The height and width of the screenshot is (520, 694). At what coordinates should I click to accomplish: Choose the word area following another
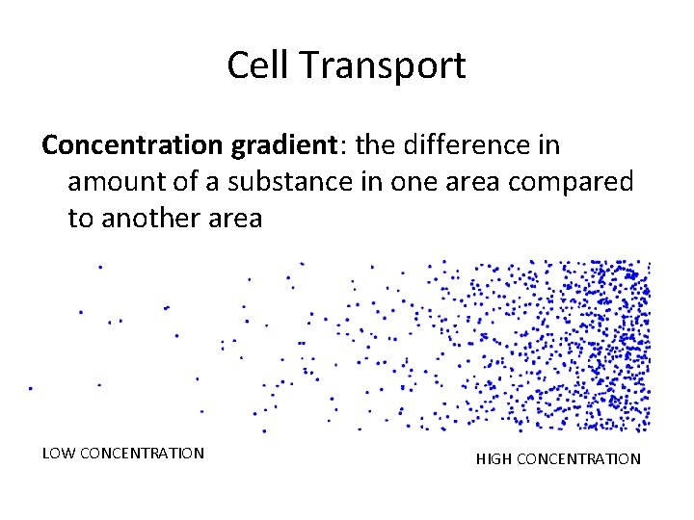click(234, 219)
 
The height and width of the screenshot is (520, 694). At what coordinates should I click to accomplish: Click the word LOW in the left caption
click(58, 453)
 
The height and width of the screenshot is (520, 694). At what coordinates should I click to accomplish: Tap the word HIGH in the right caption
click(494, 459)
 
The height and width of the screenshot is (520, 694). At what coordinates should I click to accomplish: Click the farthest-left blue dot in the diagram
click(30, 388)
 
